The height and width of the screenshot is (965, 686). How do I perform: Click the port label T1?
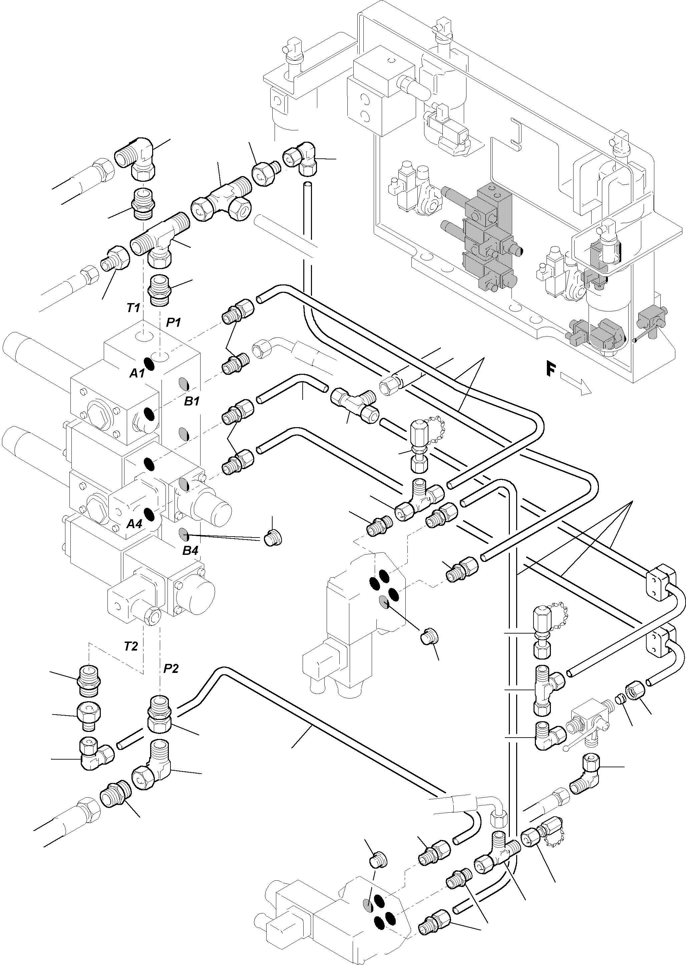[x=133, y=308]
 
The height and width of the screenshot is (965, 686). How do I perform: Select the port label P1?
[x=173, y=322]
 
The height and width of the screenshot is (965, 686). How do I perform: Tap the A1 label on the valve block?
[x=136, y=373]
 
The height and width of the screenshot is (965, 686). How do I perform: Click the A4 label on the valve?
[x=134, y=524]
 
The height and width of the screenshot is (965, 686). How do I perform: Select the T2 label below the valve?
[x=130, y=646]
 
